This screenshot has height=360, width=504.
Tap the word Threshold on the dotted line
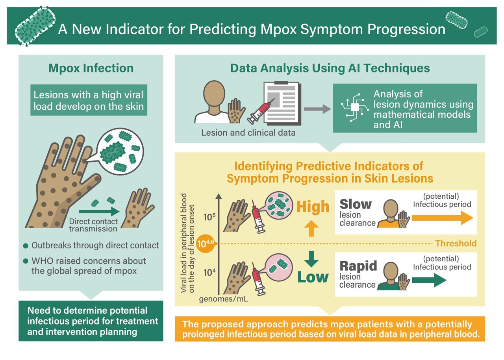coord(456,244)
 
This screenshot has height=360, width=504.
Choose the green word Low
coord(313,277)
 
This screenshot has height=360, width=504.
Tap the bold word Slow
coord(356,204)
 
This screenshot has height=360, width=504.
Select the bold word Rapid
coord(358,266)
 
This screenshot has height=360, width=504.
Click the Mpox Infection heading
coord(91,68)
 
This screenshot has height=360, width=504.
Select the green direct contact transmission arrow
coord(98,212)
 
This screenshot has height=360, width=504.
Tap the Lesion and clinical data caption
coord(248,133)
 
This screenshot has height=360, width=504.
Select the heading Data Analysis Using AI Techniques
coord(330,68)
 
